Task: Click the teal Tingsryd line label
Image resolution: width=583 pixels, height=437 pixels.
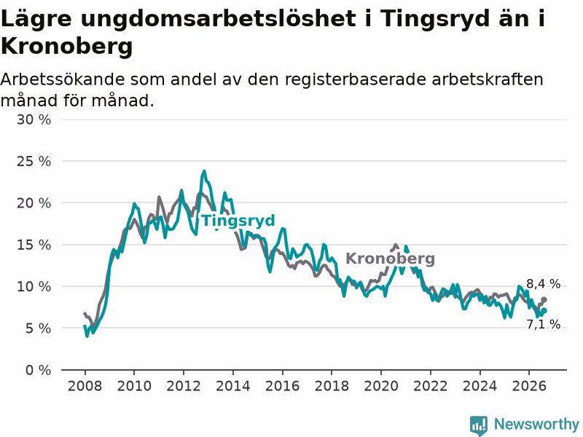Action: (x=238, y=221)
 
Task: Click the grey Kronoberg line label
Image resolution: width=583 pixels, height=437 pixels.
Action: (x=390, y=259)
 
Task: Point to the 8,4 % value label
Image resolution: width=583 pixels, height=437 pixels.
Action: (x=543, y=284)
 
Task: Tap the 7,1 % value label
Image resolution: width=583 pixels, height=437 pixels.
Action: (x=543, y=324)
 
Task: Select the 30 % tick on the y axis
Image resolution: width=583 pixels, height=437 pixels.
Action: (x=34, y=119)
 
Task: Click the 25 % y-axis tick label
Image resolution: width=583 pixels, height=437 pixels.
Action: (x=34, y=161)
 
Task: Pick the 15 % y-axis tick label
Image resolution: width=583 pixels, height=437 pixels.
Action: (x=34, y=245)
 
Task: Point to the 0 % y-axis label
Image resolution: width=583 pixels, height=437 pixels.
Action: (x=38, y=370)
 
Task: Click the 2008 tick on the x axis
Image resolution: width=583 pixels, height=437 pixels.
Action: (x=85, y=386)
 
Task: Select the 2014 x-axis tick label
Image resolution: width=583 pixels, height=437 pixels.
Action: (x=233, y=386)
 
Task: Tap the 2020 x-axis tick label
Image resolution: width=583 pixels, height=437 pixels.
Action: (x=381, y=386)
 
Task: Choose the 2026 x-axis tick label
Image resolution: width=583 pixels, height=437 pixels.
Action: (x=529, y=386)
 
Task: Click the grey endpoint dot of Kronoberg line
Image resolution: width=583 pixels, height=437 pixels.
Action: (x=544, y=299)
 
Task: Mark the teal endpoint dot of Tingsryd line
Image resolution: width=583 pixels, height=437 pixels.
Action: (x=544, y=311)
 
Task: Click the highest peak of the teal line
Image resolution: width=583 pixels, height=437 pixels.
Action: (x=204, y=171)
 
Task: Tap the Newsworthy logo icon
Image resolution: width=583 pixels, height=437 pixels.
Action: (x=479, y=425)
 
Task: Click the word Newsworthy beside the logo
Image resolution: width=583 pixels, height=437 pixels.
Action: (x=536, y=424)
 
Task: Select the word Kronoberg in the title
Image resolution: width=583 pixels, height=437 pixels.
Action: (x=66, y=47)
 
